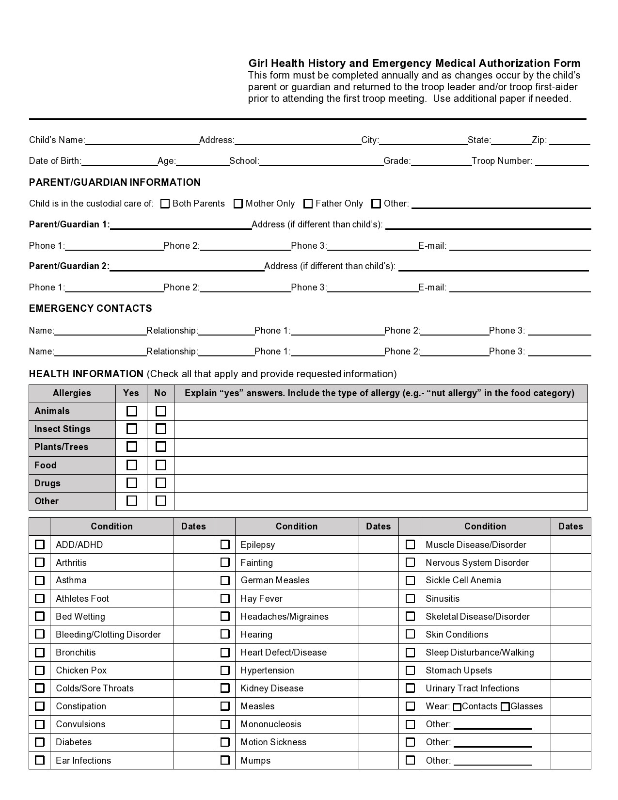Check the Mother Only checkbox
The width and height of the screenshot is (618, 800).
(238, 204)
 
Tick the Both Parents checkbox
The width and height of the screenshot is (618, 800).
(165, 204)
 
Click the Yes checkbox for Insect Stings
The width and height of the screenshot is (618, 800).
(131, 429)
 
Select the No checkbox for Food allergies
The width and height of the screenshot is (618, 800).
(160, 465)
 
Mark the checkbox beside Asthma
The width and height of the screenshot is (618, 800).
(40, 580)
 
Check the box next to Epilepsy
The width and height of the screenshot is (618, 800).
(225, 544)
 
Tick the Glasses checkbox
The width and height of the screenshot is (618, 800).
(505, 707)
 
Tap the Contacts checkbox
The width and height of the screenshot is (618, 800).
(457, 707)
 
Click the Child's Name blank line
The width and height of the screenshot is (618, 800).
(142, 141)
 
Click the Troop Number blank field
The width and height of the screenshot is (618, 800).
(562, 161)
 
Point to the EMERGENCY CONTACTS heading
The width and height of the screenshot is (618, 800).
(91, 308)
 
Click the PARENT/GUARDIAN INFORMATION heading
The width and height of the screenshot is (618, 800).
(115, 182)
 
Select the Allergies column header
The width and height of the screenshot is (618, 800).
(72, 393)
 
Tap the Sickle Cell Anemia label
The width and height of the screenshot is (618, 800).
(463, 580)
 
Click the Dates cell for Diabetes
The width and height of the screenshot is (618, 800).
(193, 742)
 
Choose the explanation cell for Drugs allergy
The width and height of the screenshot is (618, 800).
(380, 483)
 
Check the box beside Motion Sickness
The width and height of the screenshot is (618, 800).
(225, 742)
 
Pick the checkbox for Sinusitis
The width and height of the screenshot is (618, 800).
(410, 598)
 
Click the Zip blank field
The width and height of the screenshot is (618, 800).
(570, 141)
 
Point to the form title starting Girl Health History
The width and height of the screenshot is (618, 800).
(414, 63)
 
